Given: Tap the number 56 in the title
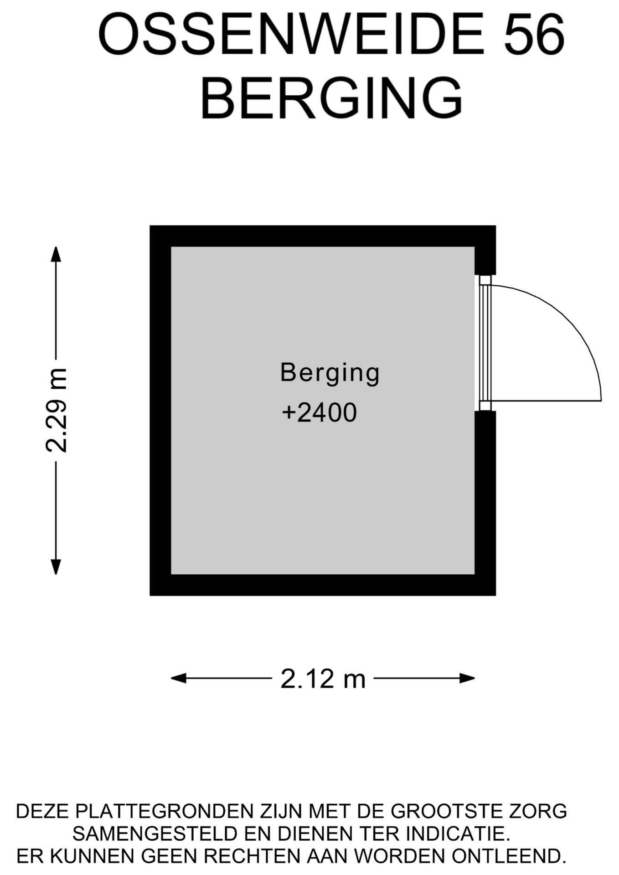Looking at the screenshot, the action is point(534,34).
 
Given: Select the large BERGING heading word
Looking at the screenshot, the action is point(331,98).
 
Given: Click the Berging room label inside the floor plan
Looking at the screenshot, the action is point(330,373).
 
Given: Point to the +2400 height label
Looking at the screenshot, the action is point(319,413).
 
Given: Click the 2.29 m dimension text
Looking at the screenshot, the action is point(57,410).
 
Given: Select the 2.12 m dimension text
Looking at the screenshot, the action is point(323,679).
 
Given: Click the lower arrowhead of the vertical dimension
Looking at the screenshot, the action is point(56,567).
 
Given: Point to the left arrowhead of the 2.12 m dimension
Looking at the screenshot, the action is point(178,679).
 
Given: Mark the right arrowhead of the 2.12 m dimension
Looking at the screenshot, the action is point(467,679).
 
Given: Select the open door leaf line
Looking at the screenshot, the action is point(547,401).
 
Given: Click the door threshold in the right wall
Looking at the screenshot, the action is point(485,343).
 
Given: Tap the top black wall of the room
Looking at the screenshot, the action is point(323,236).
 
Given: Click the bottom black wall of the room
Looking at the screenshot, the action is point(323,585).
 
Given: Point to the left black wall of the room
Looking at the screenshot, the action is point(160,410).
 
